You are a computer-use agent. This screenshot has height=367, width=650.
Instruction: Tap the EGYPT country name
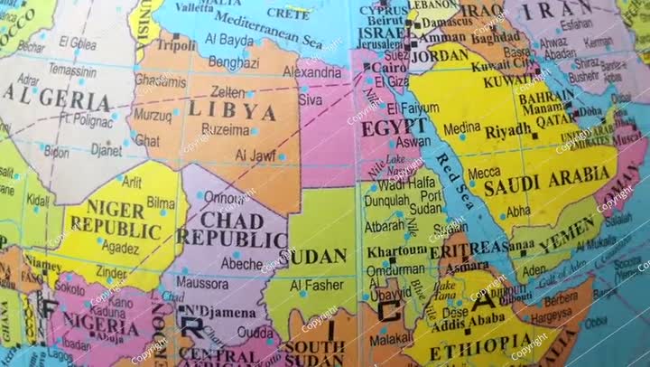pos(395,126)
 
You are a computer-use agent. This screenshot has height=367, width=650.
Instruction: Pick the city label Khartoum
pos(395,251)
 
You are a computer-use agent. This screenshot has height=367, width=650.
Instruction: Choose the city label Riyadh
pos(508,131)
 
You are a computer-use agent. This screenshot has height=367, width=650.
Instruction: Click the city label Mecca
pos(484,172)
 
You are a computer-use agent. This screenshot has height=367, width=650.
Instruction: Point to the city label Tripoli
pos(175,43)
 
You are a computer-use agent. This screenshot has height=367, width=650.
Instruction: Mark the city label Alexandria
pos(311,71)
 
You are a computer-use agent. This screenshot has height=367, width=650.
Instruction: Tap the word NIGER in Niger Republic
pos(115,210)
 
